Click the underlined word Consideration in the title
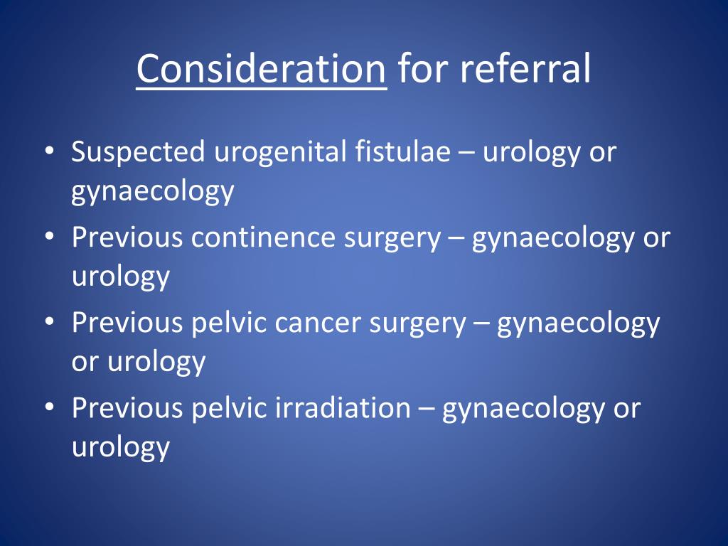261,69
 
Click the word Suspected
138,153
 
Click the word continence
263,237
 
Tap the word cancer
318,323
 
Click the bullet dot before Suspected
49,151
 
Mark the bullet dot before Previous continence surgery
49,236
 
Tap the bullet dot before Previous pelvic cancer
49,321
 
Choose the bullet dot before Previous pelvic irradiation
49,407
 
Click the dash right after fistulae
466,154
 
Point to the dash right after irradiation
427,409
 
